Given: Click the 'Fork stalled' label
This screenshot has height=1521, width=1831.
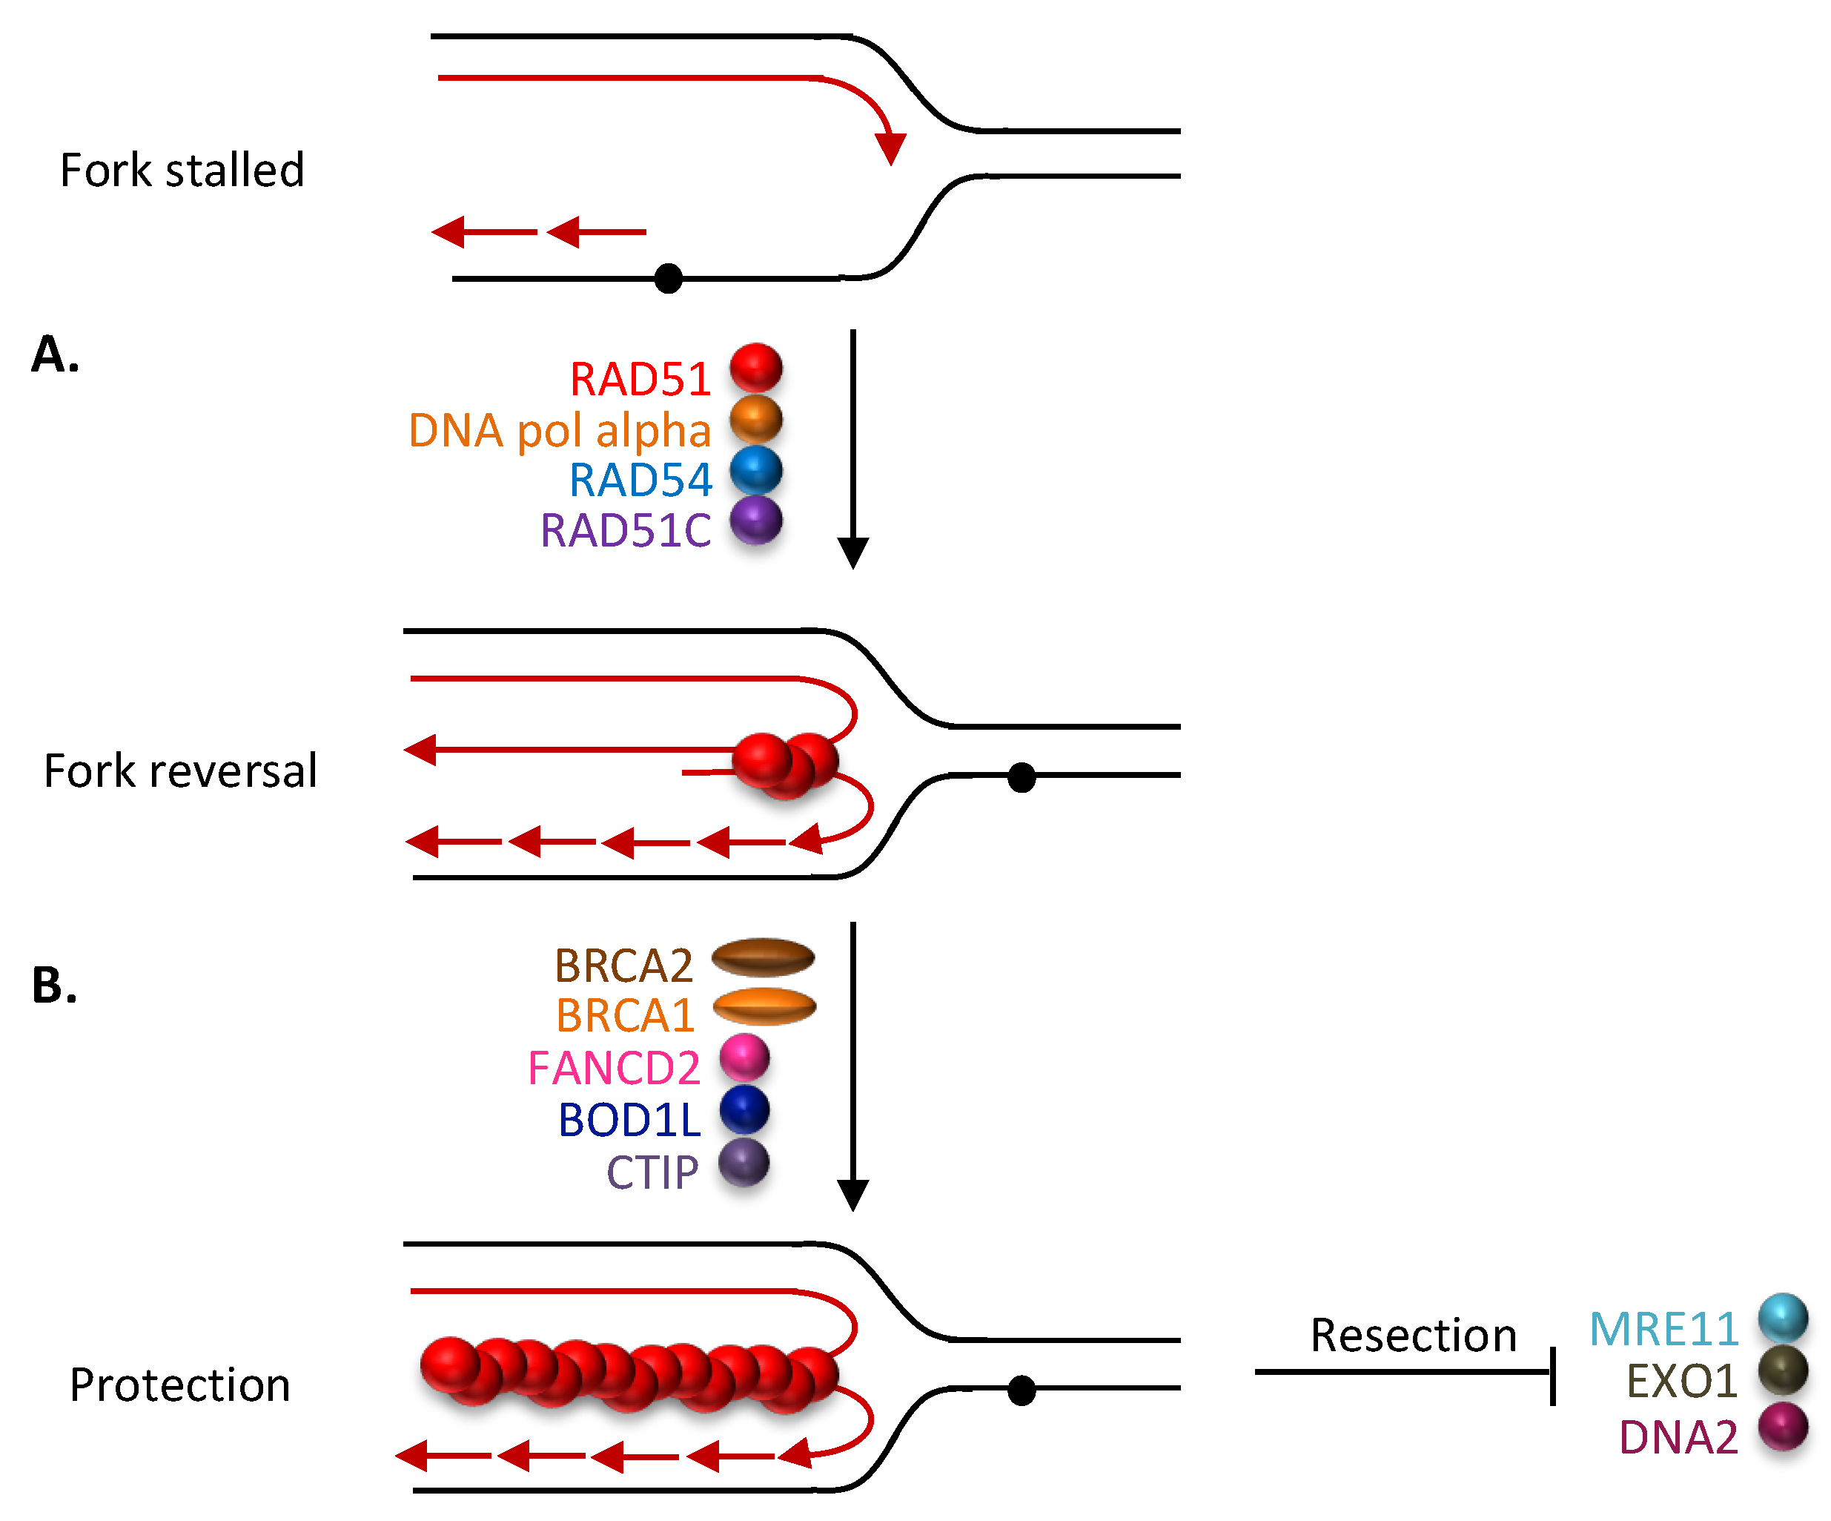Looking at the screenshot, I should click(x=182, y=170).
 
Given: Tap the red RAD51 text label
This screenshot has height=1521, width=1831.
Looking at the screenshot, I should click(x=640, y=380).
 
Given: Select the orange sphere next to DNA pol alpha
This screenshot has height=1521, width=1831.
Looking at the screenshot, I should click(x=755, y=420).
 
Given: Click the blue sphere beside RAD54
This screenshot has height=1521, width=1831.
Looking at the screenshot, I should click(x=755, y=471).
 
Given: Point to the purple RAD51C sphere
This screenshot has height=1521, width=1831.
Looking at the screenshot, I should click(x=755, y=521).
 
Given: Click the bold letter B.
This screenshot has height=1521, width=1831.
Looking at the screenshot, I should click(x=54, y=986).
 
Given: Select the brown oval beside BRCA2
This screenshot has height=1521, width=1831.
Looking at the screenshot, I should click(x=763, y=957).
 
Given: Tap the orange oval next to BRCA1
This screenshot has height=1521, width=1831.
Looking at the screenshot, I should click(x=764, y=1007).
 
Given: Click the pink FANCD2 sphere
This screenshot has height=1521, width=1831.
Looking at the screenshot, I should click(x=744, y=1058).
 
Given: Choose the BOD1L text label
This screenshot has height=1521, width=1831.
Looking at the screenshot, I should click(x=629, y=1121).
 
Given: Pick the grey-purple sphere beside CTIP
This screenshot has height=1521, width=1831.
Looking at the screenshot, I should click(x=744, y=1163).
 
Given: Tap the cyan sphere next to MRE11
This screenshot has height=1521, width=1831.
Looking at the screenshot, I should click(x=1782, y=1318).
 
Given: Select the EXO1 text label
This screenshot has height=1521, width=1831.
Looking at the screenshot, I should click(x=1681, y=1382).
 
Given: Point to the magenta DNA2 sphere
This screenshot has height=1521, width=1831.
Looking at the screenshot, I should click(x=1782, y=1427).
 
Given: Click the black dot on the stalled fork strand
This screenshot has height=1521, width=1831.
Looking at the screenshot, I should click(x=668, y=279).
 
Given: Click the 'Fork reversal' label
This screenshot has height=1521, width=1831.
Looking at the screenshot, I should click(x=180, y=771).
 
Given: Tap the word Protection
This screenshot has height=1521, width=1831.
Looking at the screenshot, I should click(x=179, y=1385).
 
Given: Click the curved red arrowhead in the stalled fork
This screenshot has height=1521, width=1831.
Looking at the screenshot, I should click(x=890, y=148).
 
